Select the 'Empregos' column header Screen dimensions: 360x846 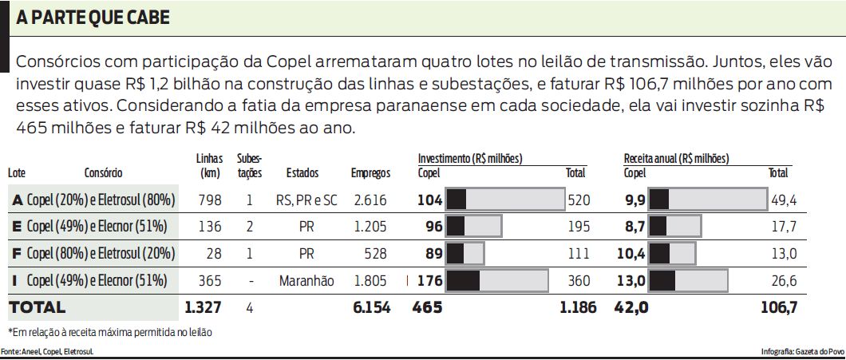coord(370,172)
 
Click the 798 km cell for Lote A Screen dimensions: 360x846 coord(208,200)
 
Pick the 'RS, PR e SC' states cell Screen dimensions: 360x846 coord(306,200)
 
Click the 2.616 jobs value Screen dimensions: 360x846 coord(371,200)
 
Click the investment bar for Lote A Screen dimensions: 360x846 coord(504,200)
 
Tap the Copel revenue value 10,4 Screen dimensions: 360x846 coord(630,254)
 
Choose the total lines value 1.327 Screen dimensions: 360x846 coord(202,307)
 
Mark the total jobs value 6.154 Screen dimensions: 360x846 coord(371,307)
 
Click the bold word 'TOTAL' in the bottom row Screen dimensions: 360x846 coord(37,307)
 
